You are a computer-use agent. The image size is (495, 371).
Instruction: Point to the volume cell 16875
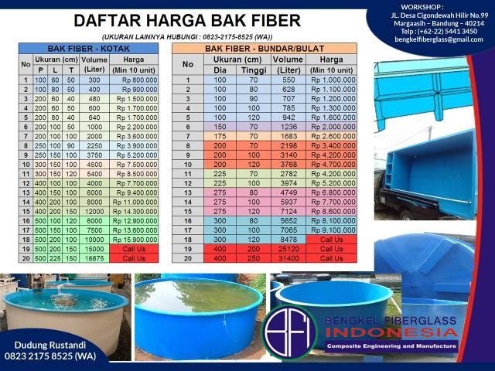[94, 258]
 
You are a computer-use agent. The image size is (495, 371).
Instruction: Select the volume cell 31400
[288, 258]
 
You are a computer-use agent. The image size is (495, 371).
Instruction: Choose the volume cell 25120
[288, 250]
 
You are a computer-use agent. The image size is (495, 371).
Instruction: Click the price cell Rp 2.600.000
[332, 136]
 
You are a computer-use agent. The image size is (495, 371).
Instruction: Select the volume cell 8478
[288, 240]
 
